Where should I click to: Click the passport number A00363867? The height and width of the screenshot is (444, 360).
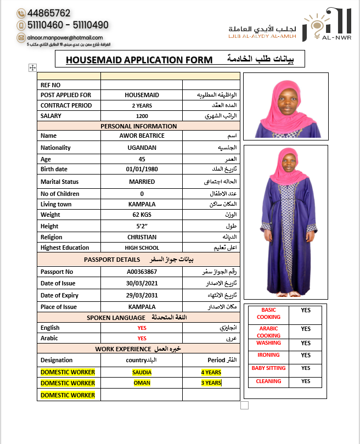142,272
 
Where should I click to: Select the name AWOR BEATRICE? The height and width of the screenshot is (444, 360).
142,136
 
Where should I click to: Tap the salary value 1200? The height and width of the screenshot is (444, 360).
142,116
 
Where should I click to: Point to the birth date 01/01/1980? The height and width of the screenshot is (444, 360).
142,170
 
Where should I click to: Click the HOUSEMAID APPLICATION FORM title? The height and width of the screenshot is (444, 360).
138,60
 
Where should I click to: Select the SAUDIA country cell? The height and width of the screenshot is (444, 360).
142,372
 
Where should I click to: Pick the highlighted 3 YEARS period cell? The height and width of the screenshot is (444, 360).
211,383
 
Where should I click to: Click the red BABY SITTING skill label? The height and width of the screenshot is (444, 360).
268,368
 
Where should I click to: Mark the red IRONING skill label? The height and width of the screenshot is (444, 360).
268,355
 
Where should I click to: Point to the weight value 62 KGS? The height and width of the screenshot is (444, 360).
142,215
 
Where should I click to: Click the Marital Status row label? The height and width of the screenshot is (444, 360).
59,182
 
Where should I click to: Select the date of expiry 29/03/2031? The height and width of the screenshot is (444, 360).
142,295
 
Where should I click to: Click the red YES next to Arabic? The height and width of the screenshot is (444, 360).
142,339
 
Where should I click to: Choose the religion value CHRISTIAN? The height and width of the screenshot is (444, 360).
142,237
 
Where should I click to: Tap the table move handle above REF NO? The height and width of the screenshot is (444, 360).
32,68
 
